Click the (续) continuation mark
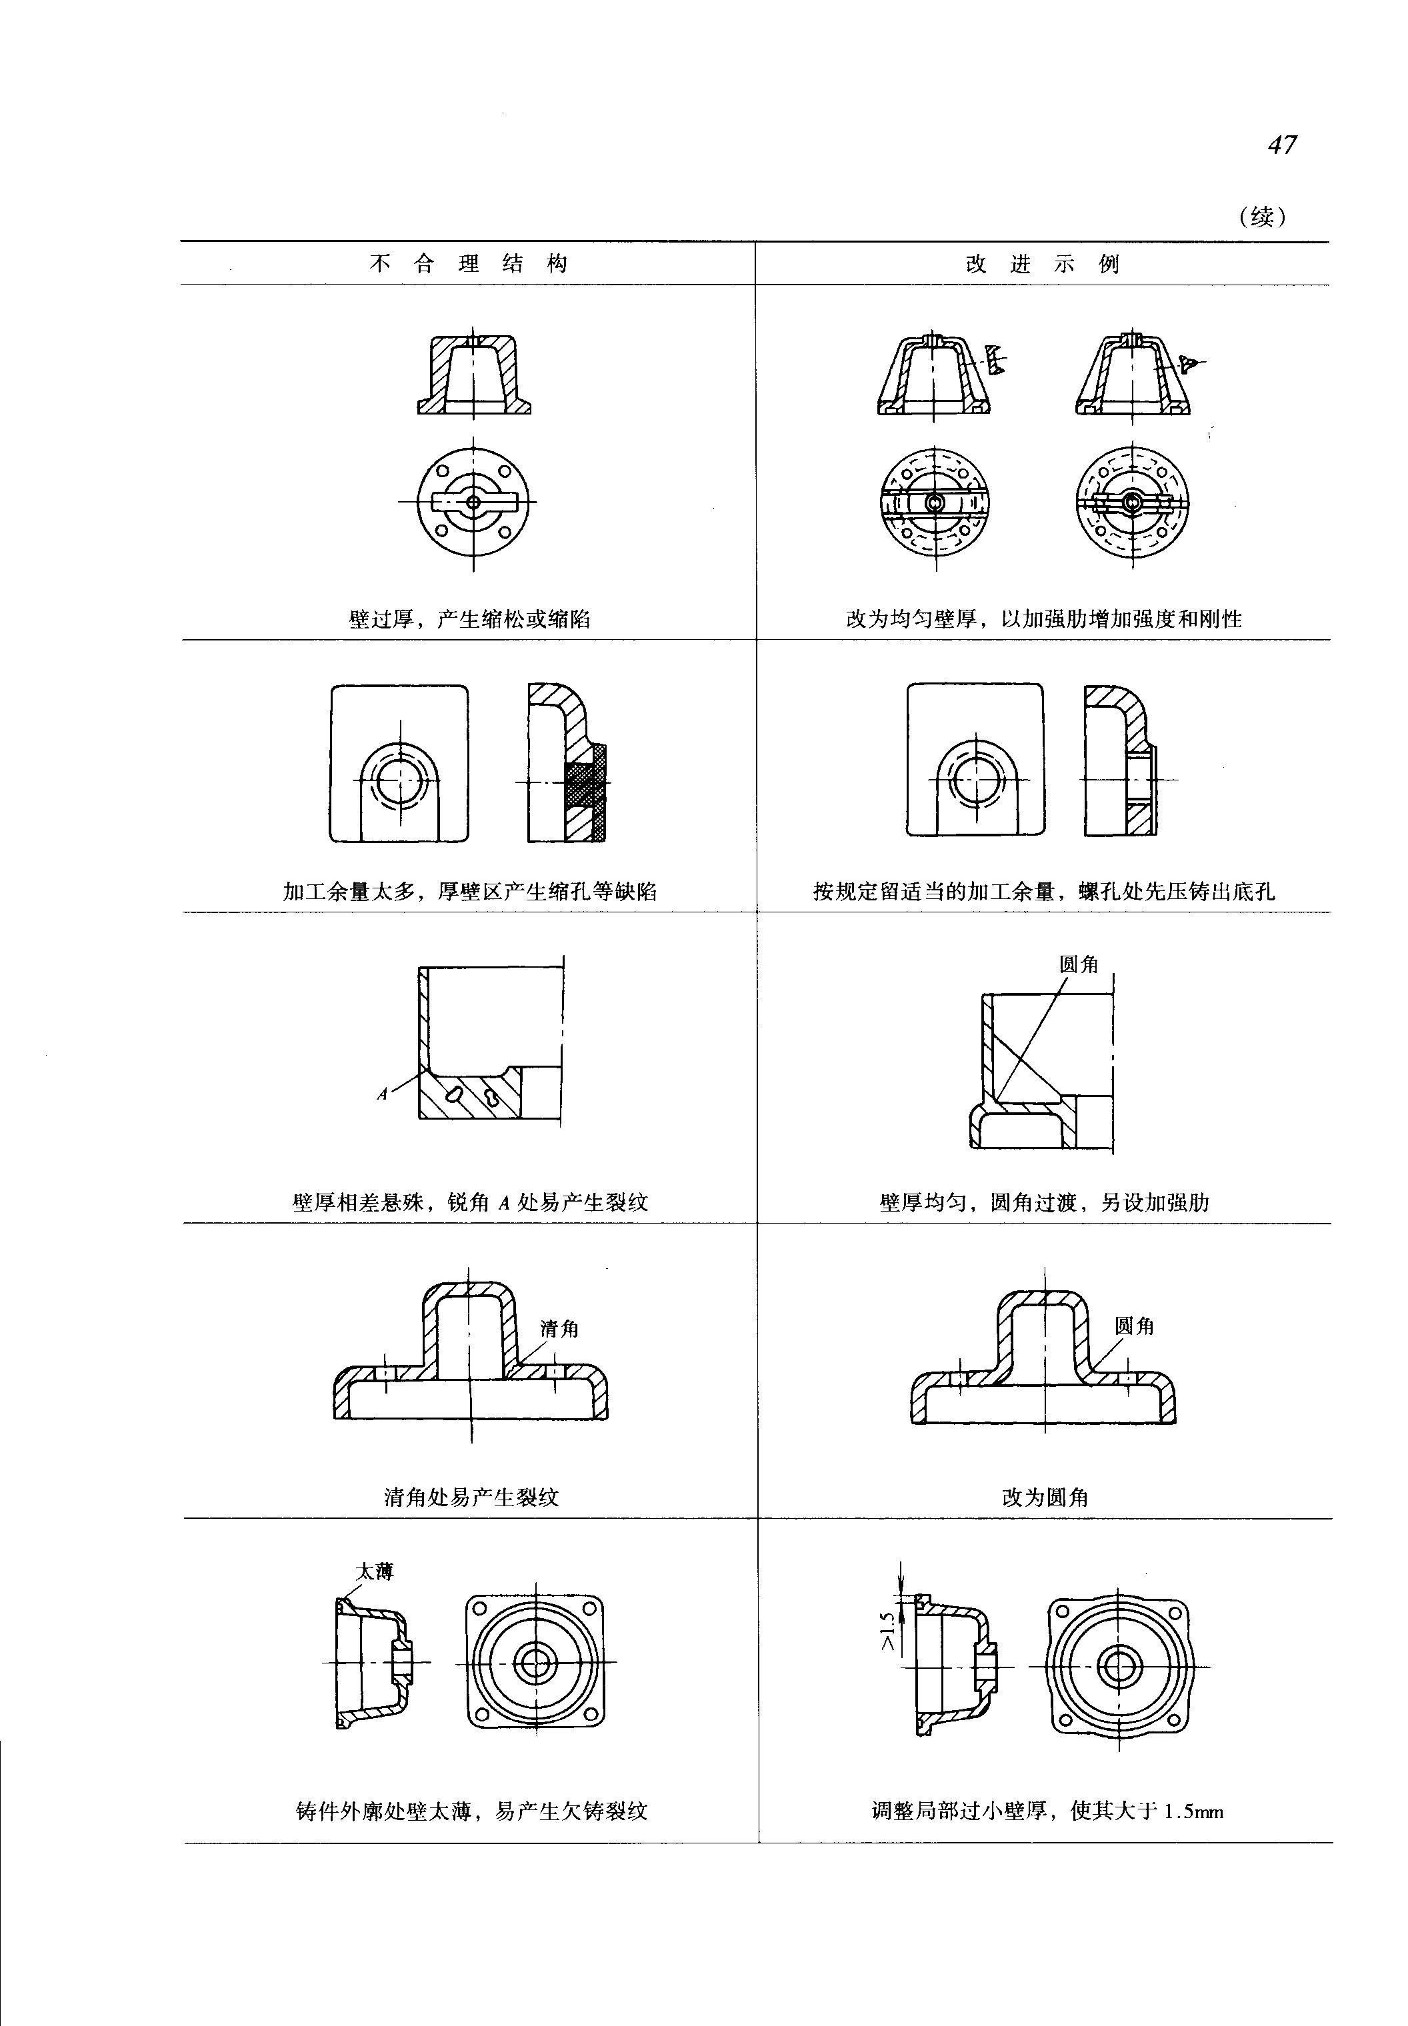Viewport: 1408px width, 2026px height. point(1263,216)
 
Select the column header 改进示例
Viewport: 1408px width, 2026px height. point(1043,264)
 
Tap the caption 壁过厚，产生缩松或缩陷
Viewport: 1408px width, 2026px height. point(469,619)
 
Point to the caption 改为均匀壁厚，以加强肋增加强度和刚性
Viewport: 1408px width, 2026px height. point(1043,619)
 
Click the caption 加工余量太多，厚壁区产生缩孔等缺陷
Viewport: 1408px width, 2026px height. point(469,891)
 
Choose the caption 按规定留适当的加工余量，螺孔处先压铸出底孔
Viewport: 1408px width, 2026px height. point(1043,891)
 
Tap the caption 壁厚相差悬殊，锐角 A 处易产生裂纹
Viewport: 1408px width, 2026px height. point(469,1202)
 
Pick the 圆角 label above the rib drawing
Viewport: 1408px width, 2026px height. point(1078,965)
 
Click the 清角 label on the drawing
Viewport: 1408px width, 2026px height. point(559,1329)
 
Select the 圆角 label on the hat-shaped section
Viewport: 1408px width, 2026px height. point(1133,1326)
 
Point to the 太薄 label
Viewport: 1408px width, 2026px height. point(374,1571)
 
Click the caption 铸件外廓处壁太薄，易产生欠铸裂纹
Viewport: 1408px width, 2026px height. point(471,1811)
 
